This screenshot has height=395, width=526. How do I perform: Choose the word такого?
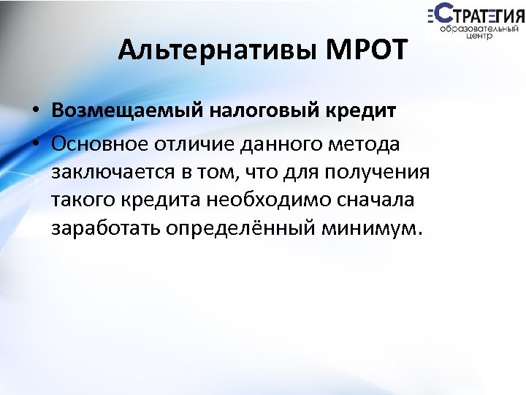tap(87, 200)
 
